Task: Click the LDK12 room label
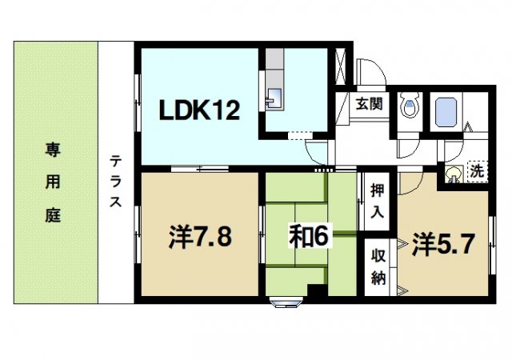click(202, 110)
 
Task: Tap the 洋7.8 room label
click(201, 238)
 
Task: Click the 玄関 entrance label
click(369, 104)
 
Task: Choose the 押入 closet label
click(378, 202)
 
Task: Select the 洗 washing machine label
click(477, 171)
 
